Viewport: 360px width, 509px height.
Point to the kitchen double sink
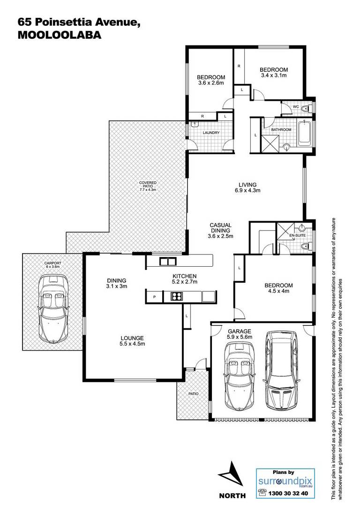167,261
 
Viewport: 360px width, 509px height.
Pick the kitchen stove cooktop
177,296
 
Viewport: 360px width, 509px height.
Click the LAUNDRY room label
211,133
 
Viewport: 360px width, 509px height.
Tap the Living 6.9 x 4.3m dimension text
247,191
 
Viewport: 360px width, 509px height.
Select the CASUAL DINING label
220,228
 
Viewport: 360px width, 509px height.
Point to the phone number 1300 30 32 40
288,493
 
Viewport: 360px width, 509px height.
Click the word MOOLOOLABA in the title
60,35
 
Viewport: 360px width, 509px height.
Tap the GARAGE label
239,331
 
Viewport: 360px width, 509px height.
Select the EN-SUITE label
297,235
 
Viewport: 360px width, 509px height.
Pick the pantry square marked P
155,297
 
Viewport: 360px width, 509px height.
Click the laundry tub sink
195,124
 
